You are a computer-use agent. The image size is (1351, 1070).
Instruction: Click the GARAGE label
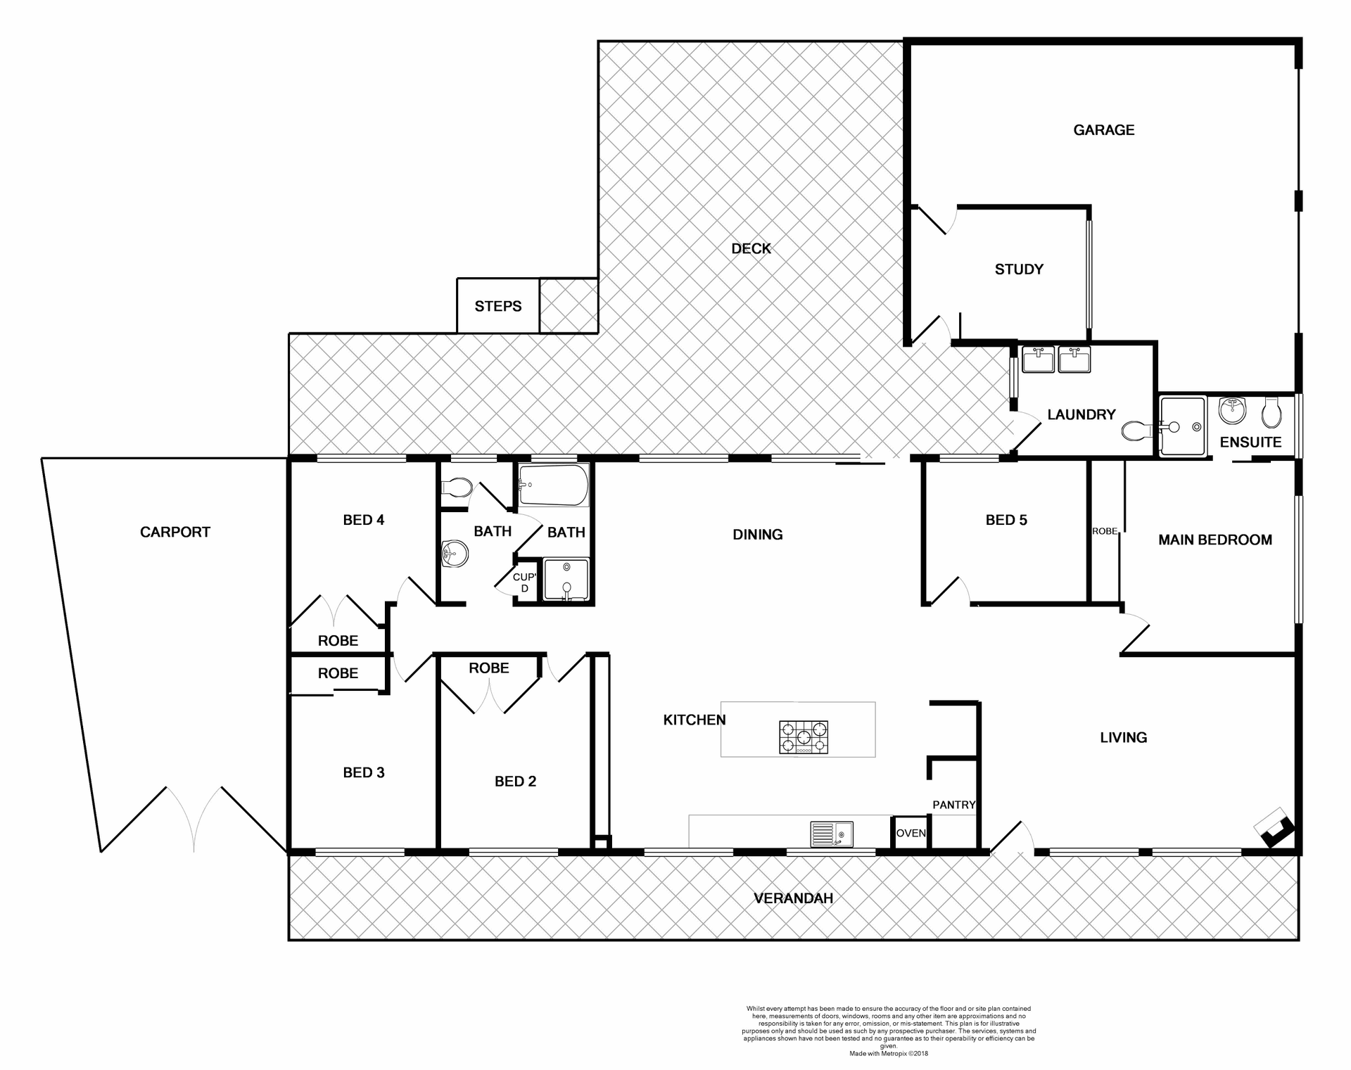point(1103,130)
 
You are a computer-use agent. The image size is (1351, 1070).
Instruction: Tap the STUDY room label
point(1018,269)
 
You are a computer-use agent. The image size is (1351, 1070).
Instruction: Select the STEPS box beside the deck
point(497,306)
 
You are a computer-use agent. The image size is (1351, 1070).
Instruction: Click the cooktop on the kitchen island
point(803,737)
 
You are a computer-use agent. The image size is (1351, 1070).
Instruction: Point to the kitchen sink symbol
point(831,834)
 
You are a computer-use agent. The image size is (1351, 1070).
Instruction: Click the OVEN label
point(911,833)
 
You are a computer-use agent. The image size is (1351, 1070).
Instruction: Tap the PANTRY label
point(953,805)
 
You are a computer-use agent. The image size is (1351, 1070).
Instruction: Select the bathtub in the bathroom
point(553,485)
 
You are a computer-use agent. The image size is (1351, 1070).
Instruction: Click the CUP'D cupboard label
point(524,582)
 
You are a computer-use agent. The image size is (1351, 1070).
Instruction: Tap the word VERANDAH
point(793,898)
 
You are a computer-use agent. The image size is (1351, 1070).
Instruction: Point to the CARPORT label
point(175,533)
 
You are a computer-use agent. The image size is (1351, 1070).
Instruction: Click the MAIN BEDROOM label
point(1214,540)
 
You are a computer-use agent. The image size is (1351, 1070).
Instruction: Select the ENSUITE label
point(1250,442)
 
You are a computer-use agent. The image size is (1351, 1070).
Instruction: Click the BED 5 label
point(1006,521)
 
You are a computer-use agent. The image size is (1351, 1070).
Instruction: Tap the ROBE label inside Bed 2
point(488,668)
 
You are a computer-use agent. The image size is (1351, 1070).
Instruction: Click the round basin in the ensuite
point(1232,410)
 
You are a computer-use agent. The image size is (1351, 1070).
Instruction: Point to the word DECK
point(751,249)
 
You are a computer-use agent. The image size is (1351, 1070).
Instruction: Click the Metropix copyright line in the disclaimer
point(889,1054)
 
